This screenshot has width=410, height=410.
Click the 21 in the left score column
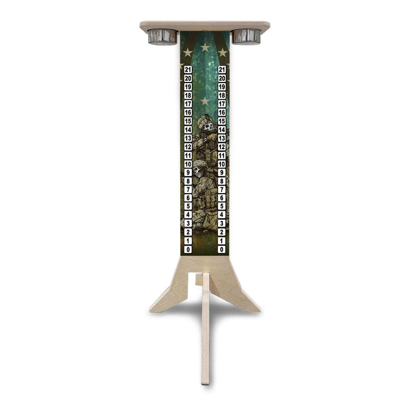(188, 69)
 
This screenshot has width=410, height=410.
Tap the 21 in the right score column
(222, 69)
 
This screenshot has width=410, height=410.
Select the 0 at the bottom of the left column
(188, 249)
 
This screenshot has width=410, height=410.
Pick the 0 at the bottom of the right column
(222, 249)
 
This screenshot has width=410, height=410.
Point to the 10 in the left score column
(188, 164)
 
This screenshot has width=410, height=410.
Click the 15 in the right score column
(222, 121)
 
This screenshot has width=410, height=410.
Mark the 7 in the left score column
(188, 190)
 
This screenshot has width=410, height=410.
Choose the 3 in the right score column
(222, 224)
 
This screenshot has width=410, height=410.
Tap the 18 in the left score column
(188, 95)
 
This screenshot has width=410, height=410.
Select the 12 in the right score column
(222, 147)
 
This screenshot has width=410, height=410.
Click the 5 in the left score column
(188, 207)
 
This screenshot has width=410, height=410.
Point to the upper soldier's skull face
(208, 127)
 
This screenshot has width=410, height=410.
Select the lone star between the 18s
(205, 101)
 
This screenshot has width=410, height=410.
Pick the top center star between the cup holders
(205, 47)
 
